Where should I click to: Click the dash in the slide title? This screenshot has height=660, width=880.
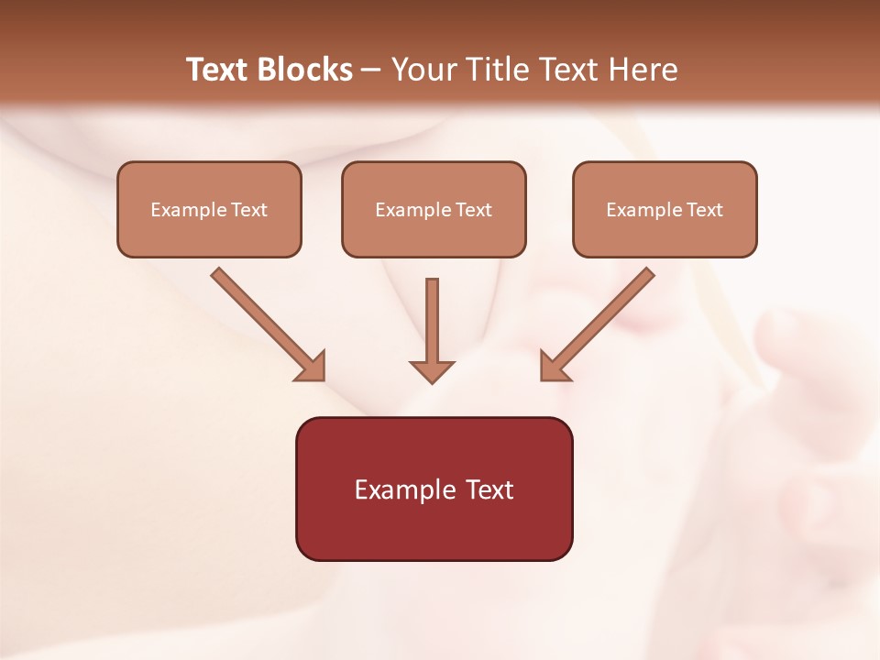372,71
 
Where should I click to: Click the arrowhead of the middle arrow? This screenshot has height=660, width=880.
432,371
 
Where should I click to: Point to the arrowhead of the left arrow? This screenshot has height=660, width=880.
313,368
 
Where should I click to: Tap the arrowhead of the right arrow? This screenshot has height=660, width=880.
553,368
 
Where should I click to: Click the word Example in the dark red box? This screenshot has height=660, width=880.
405,489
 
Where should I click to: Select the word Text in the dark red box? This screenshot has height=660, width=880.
489,489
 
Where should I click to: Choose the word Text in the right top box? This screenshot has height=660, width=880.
705,210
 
